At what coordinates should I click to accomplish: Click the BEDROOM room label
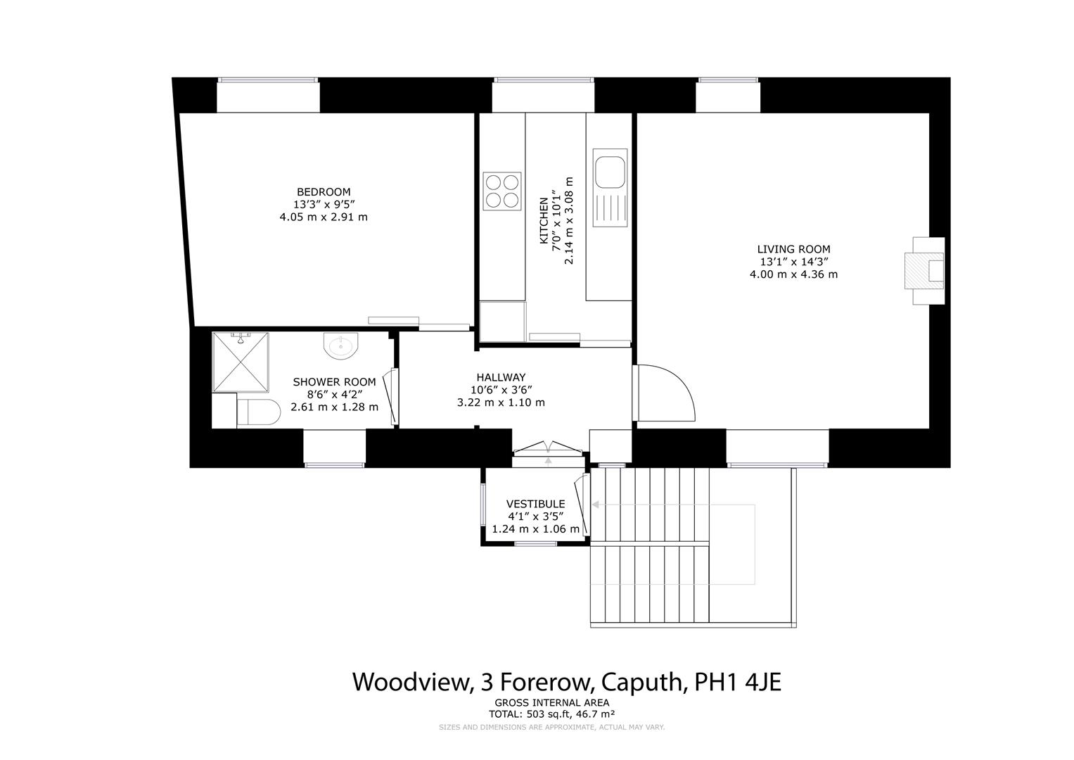click(x=323, y=192)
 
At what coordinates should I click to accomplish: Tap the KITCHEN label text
click(x=544, y=220)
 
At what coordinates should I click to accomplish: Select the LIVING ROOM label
click(x=793, y=249)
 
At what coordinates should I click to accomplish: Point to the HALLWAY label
click(x=500, y=377)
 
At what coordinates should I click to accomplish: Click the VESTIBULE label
click(x=535, y=504)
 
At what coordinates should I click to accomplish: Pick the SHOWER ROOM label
click(x=334, y=382)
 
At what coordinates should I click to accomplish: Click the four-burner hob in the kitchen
click(x=502, y=191)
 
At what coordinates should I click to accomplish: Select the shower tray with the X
click(x=241, y=362)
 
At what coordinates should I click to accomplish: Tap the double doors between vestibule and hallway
click(x=547, y=448)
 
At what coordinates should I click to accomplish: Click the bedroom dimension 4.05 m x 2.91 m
click(x=323, y=217)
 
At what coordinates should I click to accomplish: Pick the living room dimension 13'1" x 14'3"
click(x=793, y=262)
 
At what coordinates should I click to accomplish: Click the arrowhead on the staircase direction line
click(x=595, y=505)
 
